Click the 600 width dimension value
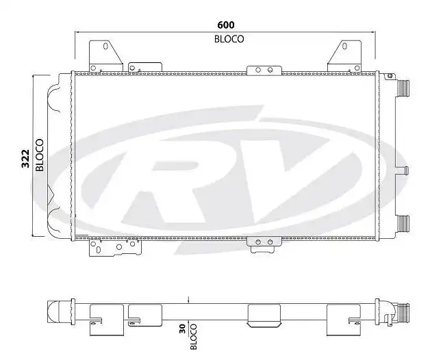(x=226, y=25)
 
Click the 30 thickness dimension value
(x=181, y=329)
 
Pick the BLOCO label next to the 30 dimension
(x=194, y=335)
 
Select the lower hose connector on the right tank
(x=402, y=224)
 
